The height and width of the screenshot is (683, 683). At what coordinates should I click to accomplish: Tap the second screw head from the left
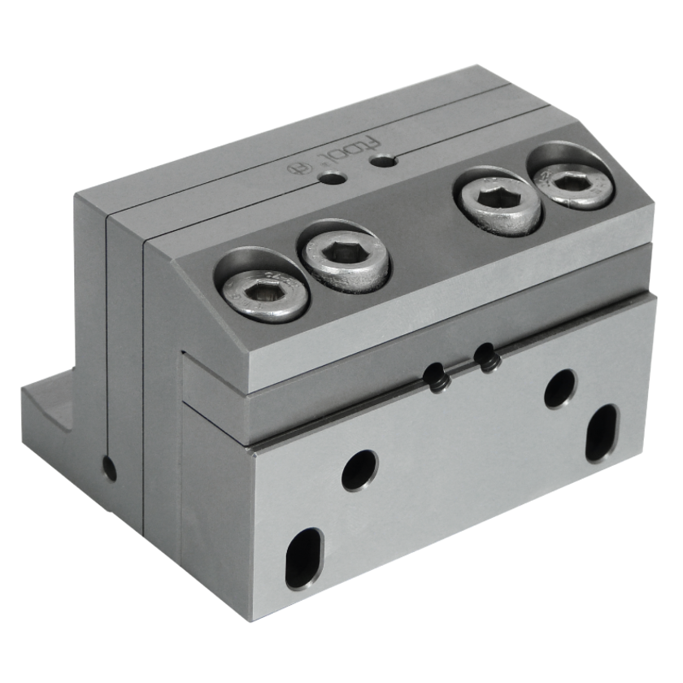tap(346, 261)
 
